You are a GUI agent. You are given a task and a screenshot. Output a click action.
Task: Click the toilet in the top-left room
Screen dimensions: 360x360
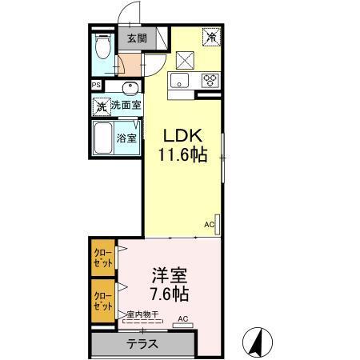coord(102,48)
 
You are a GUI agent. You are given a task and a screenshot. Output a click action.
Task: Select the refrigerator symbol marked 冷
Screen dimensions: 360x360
coord(213,37)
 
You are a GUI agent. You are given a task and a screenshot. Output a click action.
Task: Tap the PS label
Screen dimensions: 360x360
coord(96,85)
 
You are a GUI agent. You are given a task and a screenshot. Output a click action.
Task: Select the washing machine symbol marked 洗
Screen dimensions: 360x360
coord(102,106)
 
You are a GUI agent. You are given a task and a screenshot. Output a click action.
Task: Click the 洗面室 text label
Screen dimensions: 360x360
coord(126,106)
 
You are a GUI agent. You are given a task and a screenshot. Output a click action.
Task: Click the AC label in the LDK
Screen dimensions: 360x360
coord(207,225)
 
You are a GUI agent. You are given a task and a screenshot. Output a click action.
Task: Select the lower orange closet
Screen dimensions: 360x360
coord(102,299)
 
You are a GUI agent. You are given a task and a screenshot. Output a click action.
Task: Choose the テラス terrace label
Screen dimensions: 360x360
coord(142,344)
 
